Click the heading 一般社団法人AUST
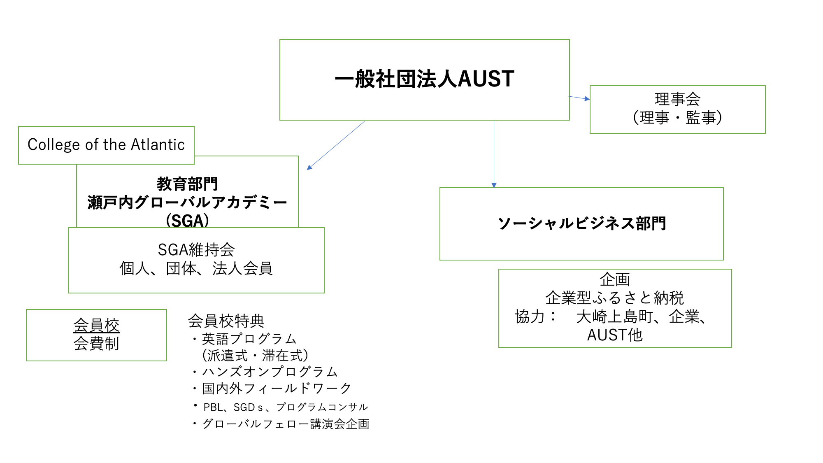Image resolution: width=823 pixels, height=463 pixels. pos(424,79)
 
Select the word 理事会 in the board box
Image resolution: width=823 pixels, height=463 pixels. pos(677,99)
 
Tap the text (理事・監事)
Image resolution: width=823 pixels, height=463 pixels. pos(677,118)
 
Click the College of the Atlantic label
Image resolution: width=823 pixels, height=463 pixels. pos(106,145)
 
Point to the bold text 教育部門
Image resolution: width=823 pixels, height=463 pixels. pos(187,184)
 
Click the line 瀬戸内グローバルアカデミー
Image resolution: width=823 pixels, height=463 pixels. pos(187,202)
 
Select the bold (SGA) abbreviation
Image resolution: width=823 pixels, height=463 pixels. pos(187,221)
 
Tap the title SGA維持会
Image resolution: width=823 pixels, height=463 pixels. pos(196,250)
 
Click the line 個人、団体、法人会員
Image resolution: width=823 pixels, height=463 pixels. pos(196,268)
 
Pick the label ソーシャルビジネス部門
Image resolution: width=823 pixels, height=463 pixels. pos(581,223)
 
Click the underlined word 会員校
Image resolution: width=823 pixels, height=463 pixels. pos(96,325)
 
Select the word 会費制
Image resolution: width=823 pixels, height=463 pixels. pos(96,343)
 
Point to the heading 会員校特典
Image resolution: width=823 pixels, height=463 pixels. pos(226,321)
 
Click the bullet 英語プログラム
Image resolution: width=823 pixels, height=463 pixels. pos(249,339)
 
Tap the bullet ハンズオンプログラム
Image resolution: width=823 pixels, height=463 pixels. pos(270,372)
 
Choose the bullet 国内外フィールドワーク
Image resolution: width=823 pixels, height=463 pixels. pos(277,388)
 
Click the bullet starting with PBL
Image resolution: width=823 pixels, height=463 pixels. pos(285,407)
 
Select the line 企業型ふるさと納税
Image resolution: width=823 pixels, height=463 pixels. pos(615,298)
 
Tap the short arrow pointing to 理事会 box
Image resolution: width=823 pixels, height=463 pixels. pos(579,98)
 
